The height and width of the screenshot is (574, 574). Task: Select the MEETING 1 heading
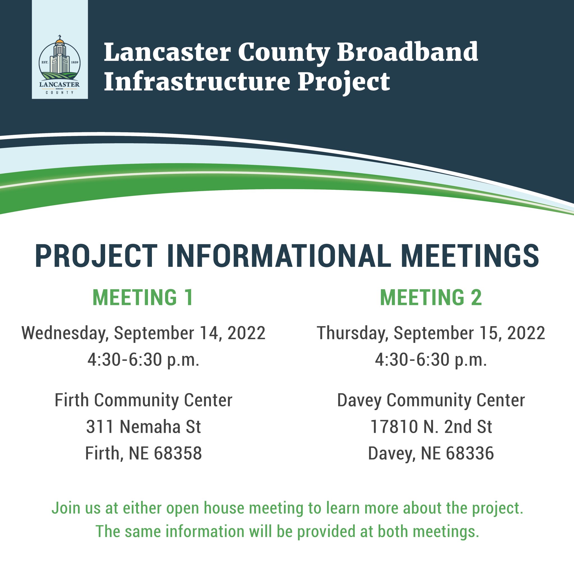[143, 297]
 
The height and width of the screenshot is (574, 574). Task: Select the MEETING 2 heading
[431, 297]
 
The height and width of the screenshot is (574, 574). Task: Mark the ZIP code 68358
[178, 453]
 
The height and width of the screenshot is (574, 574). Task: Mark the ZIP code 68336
[470, 453]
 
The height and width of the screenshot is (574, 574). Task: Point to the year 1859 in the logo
[75, 63]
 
